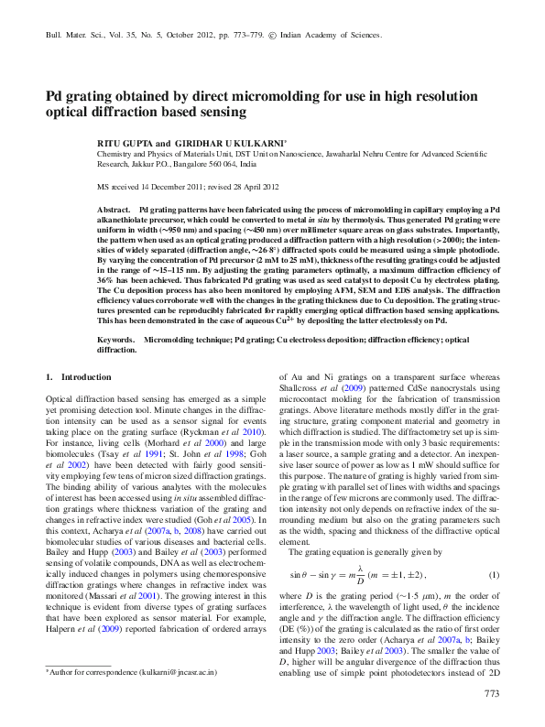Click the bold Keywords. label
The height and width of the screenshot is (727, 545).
116,314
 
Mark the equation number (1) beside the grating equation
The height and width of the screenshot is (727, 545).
494,575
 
